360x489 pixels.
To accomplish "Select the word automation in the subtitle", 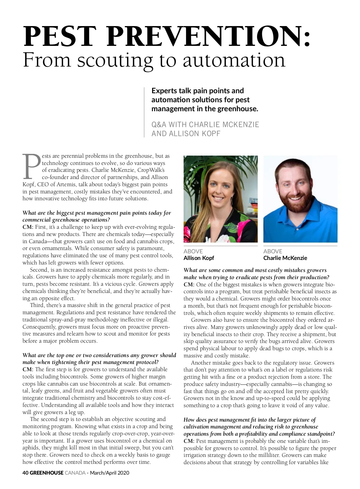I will pos(234,60).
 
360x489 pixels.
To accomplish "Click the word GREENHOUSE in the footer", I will pos(46,473).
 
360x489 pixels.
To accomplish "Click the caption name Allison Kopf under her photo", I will pos(199,258).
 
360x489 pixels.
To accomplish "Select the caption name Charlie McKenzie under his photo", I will pos(285,258).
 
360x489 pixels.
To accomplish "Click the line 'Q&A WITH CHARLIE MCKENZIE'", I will pos(205,125).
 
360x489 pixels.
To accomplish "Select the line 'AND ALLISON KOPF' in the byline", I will pos(186,134).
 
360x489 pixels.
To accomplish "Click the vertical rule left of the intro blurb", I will pos(144,112).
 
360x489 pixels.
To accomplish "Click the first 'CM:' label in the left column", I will pos(28,227).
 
